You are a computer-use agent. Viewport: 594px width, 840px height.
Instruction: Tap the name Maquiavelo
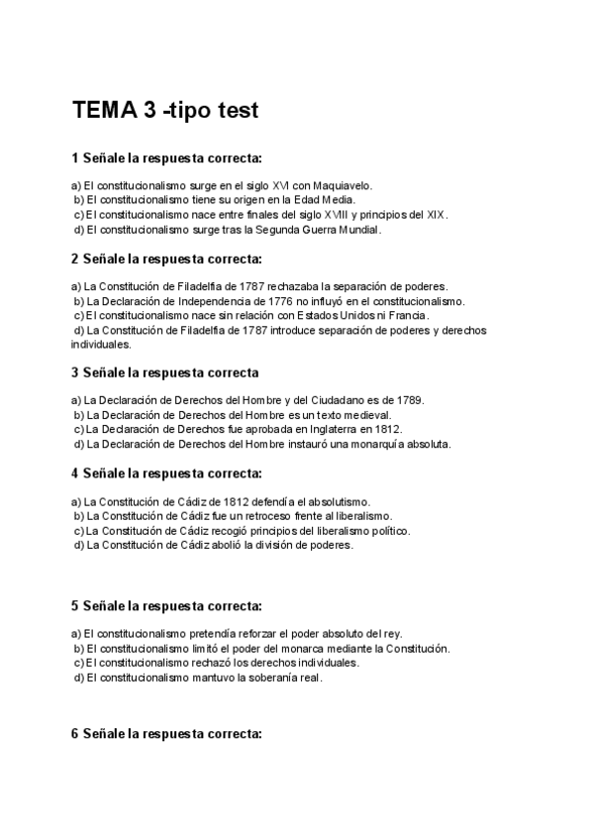click(342, 185)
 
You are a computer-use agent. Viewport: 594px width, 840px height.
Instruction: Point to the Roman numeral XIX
click(435, 214)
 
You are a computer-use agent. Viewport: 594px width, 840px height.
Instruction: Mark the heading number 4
click(74, 472)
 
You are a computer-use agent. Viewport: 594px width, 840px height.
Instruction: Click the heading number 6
click(74, 734)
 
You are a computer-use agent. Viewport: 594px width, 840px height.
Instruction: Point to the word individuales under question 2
click(101, 345)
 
